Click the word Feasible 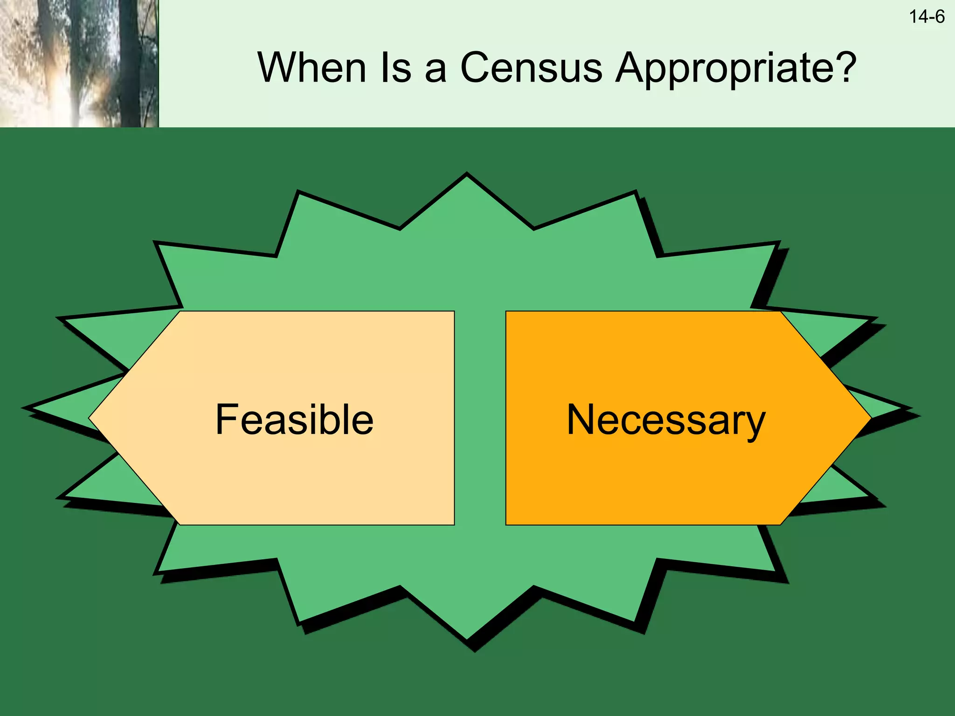click(294, 420)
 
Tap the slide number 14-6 click(926, 17)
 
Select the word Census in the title click(531, 68)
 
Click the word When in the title click(311, 68)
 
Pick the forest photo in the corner click(79, 63)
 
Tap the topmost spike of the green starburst click(467, 179)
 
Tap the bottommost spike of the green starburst click(467, 635)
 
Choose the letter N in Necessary click(580, 420)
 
